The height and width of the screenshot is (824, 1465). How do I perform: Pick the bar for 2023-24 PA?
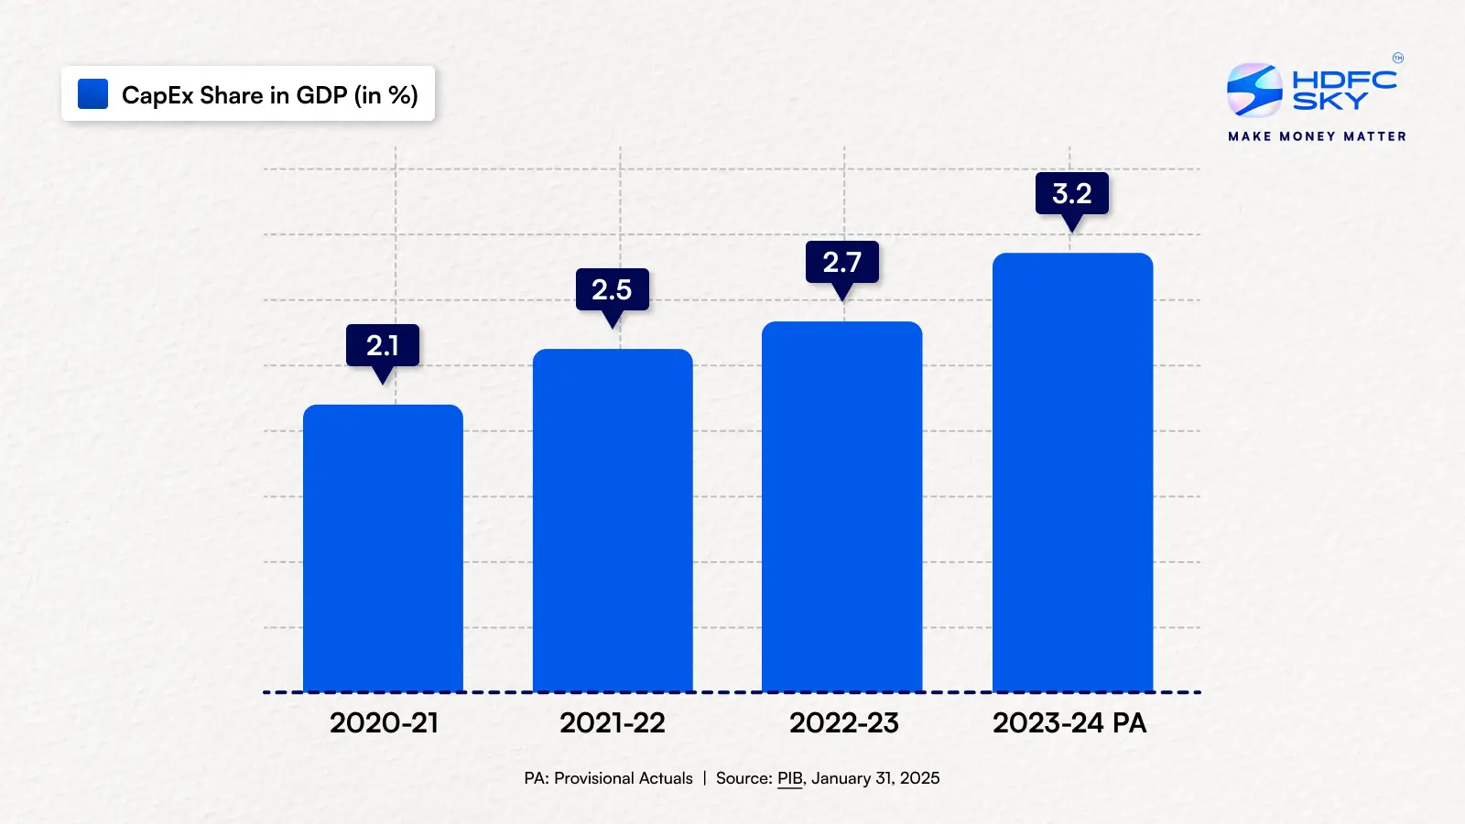click(1072, 472)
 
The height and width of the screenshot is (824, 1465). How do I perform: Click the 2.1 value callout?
click(383, 345)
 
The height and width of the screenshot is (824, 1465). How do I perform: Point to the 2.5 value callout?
click(612, 289)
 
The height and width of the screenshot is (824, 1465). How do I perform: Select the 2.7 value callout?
click(841, 262)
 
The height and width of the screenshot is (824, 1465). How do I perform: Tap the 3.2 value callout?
click(1071, 193)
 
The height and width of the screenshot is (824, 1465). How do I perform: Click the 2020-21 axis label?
click(384, 723)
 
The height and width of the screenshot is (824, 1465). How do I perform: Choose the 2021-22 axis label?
click(613, 723)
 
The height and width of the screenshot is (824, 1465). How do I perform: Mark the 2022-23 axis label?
click(843, 723)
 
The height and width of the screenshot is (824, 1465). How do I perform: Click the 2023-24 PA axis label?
click(1069, 723)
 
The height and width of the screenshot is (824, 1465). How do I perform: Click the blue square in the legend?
click(93, 94)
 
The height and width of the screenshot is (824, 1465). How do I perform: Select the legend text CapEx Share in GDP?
click(270, 95)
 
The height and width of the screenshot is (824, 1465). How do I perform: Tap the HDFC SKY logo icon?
click(1253, 90)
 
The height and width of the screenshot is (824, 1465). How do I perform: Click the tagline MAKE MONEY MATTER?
click(1317, 136)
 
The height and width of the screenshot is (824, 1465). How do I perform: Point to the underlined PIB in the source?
click(789, 778)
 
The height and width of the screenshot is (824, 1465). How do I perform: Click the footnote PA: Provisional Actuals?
click(608, 778)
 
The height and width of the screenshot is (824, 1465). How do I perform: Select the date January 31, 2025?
click(875, 778)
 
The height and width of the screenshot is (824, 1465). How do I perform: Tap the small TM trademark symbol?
click(1397, 59)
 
